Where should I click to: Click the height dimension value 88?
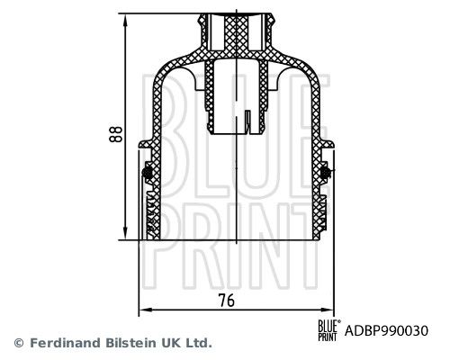point(116,134)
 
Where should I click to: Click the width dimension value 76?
point(227,301)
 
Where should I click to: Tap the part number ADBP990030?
point(386,331)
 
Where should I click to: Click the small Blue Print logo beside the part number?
point(329,330)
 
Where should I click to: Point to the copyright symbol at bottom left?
point(19,343)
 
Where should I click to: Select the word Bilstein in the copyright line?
point(130,343)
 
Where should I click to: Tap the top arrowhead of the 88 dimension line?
point(125,21)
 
